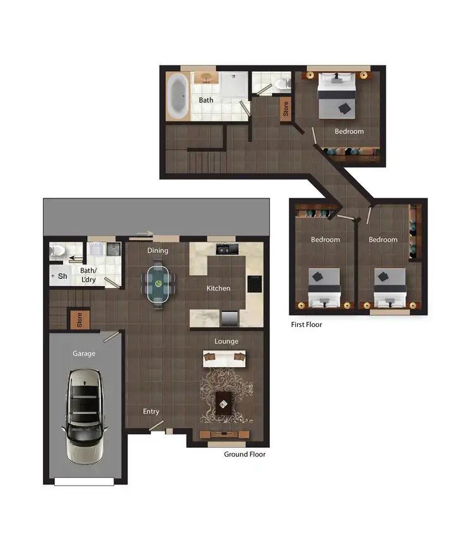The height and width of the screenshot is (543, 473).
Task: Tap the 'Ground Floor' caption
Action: point(245,454)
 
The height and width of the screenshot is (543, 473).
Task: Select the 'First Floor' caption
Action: point(307,325)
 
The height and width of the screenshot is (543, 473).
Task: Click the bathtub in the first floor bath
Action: point(177,96)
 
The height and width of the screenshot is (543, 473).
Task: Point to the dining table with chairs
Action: point(158,285)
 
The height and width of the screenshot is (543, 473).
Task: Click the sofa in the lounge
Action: point(224,359)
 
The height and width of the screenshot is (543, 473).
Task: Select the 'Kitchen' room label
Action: point(218,289)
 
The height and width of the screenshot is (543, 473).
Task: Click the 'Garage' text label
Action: point(84,353)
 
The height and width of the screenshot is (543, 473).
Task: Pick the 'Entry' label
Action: point(151,411)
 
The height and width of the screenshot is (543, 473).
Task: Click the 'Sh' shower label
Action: point(62,276)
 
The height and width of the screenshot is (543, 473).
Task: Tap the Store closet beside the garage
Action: point(79,319)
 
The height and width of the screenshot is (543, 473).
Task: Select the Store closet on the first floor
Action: point(286,108)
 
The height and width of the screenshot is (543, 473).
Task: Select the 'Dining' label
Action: point(158,250)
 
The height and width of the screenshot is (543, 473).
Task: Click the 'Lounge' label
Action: point(226,341)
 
